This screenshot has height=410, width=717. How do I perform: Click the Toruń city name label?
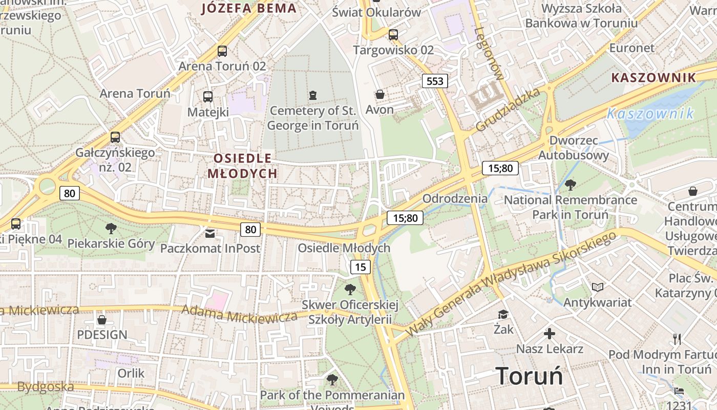coord(529,376)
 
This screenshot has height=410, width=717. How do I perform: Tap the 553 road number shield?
coord(434,81)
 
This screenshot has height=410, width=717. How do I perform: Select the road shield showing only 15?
coord(361,266)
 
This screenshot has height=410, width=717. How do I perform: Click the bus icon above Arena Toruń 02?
coord(222,51)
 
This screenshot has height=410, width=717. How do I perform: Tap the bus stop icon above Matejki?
coord(208,97)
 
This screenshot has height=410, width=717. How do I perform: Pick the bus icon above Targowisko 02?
coord(393,35)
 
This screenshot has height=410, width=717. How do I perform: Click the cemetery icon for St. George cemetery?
coord(312,95)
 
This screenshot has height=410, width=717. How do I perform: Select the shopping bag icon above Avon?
coord(380,94)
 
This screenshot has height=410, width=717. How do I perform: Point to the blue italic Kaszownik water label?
coord(650,114)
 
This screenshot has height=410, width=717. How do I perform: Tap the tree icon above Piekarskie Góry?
coord(111,229)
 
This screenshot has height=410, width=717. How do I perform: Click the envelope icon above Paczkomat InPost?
coord(210,234)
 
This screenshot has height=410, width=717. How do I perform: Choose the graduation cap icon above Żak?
coord(503,314)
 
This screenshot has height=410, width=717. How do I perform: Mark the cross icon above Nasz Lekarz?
coord(550,334)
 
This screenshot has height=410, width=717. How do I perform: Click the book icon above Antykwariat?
coord(597,287)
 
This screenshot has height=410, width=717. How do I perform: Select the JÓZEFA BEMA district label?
coord(249,8)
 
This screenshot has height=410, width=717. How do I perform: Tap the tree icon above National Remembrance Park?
coord(570,185)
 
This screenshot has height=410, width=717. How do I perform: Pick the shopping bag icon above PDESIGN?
coord(102,320)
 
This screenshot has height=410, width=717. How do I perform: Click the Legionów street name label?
coord(489,53)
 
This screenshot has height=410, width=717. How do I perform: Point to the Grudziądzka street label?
coord(508,109)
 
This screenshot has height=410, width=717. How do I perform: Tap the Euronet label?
coord(631,48)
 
